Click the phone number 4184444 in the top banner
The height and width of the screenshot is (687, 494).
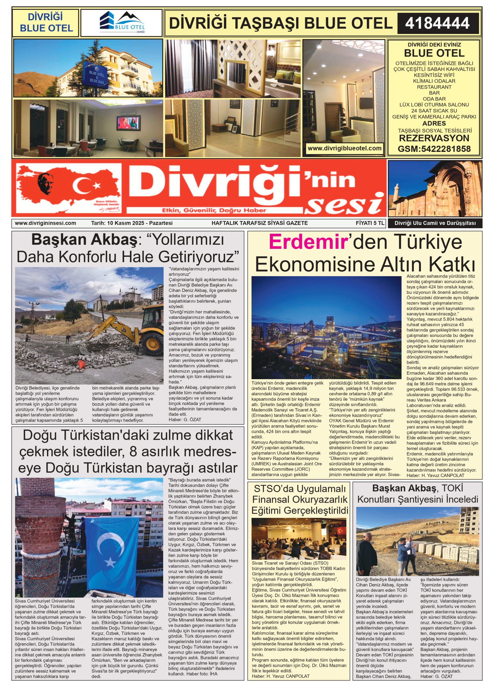coord(437,23)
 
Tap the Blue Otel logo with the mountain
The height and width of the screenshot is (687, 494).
coord(122,23)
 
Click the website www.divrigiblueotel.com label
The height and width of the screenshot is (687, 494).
coord(344,148)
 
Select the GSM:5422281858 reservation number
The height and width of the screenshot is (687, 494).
coord(434,149)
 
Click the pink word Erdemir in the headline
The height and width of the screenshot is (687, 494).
coord(308,242)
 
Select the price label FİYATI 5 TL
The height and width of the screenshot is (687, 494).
coord(370,223)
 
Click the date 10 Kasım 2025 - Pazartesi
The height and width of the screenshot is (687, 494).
coord(132,223)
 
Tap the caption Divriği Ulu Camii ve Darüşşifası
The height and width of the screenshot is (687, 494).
coord(435,224)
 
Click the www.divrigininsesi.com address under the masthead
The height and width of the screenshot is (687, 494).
coord(45,223)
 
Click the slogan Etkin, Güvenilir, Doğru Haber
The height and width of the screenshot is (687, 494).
coord(214,210)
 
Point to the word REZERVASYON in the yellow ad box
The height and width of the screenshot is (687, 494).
coord(434,138)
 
